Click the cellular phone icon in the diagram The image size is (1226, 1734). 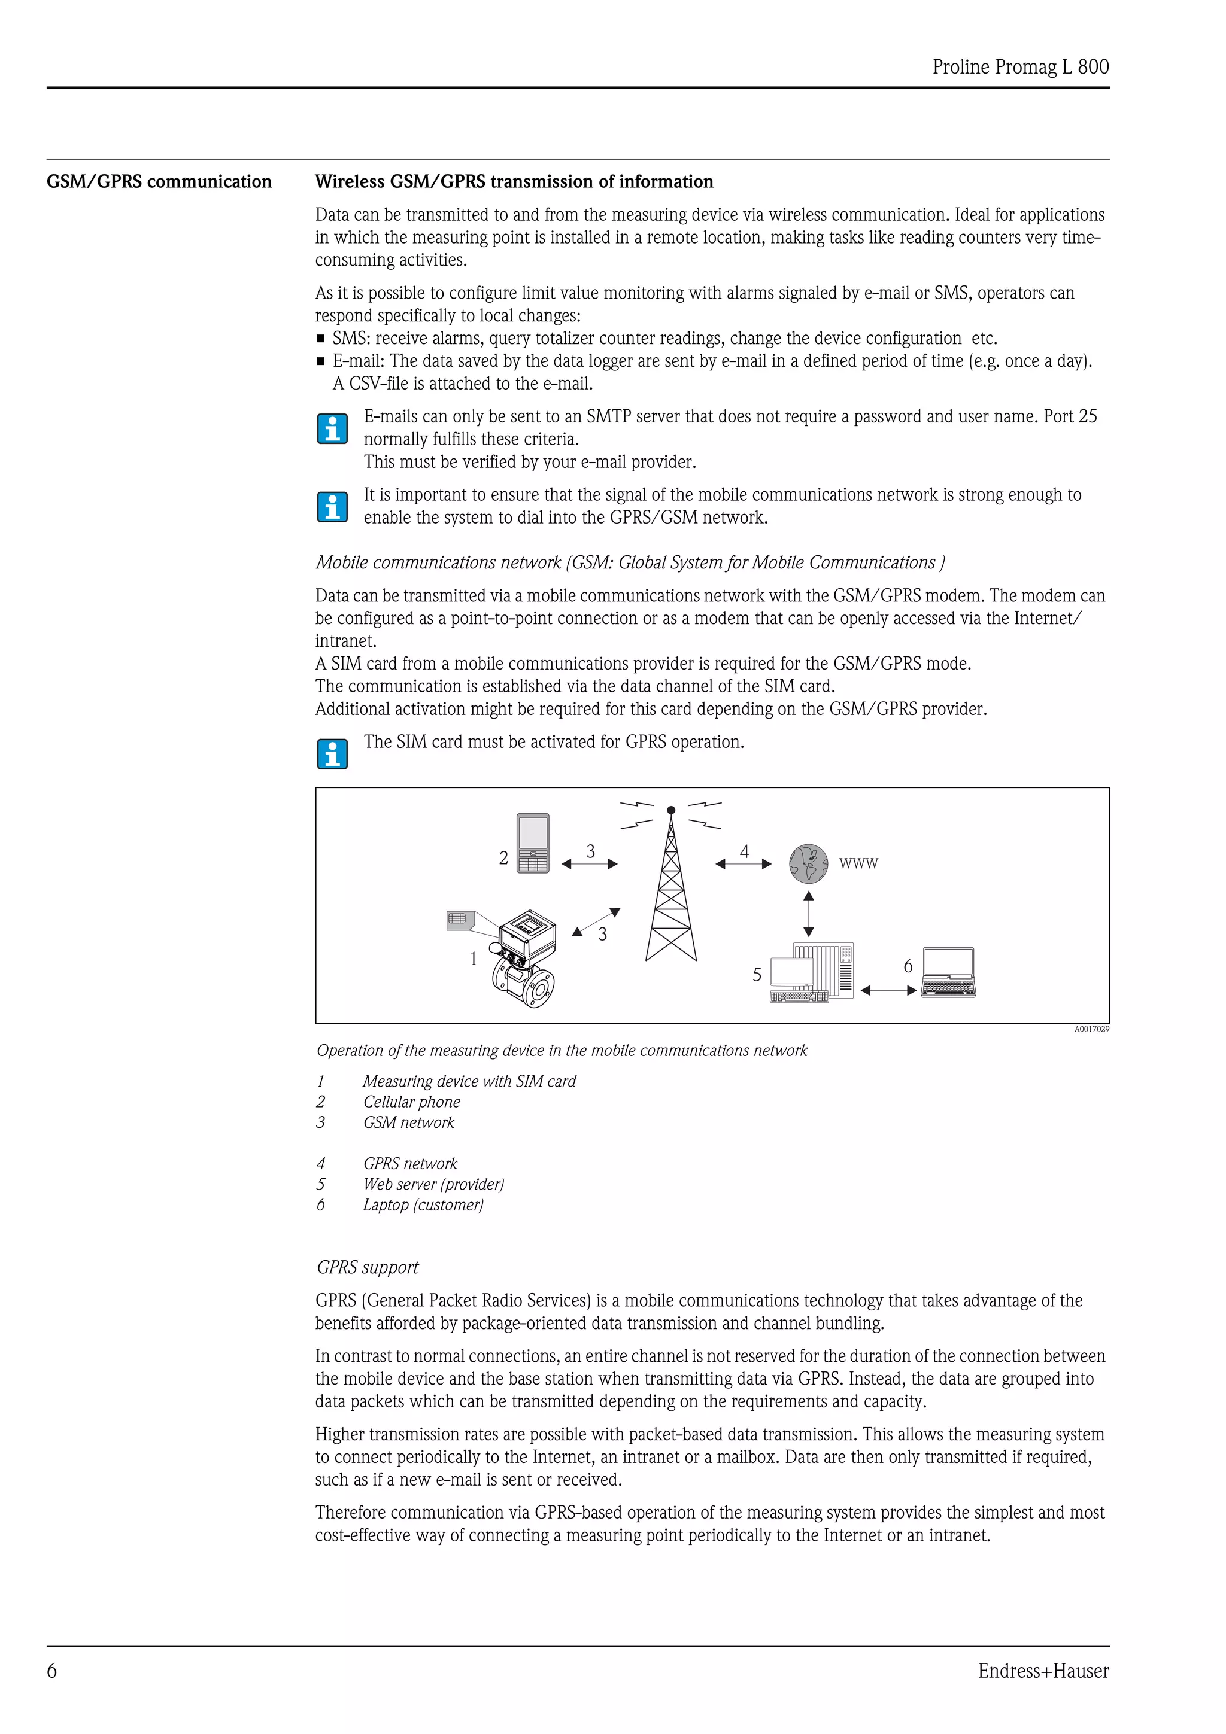[x=533, y=843]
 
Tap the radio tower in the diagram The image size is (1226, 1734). [x=671, y=891]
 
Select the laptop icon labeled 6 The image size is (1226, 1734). [x=949, y=973]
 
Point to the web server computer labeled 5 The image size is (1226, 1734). [x=812, y=973]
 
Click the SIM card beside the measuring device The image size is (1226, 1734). [x=460, y=919]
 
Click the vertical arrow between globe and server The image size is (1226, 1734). [x=808, y=913]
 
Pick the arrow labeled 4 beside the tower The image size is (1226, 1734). [x=744, y=863]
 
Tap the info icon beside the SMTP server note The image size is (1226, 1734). [x=332, y=428]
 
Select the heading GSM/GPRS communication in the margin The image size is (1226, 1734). [x=159, y=181]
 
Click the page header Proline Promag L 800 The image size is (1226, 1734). [x=1020, y=66]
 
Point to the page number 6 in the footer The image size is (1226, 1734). [x=52, y=1671]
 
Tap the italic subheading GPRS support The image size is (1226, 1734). [x=367, y=1267]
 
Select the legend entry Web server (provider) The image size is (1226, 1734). [x=433, y=1184]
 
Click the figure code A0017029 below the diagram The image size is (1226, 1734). [x=1091, y=1029]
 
